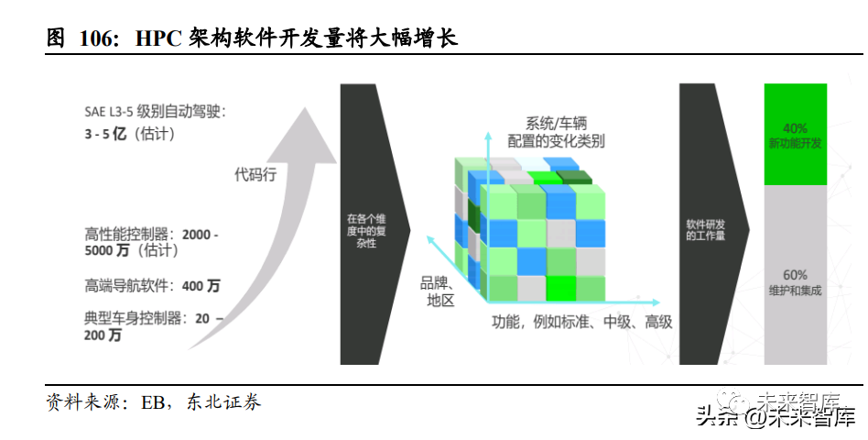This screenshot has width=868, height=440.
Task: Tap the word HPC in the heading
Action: point(159,38)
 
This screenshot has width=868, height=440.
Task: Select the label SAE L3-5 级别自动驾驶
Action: point(155,112)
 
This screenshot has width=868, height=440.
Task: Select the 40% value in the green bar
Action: point(795,127)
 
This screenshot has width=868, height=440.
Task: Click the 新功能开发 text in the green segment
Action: point(795,144)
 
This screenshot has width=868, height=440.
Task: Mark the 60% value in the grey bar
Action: point(795,275)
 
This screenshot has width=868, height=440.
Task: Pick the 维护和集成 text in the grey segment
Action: point(795,291)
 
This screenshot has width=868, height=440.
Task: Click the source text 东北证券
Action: point(223,403)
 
